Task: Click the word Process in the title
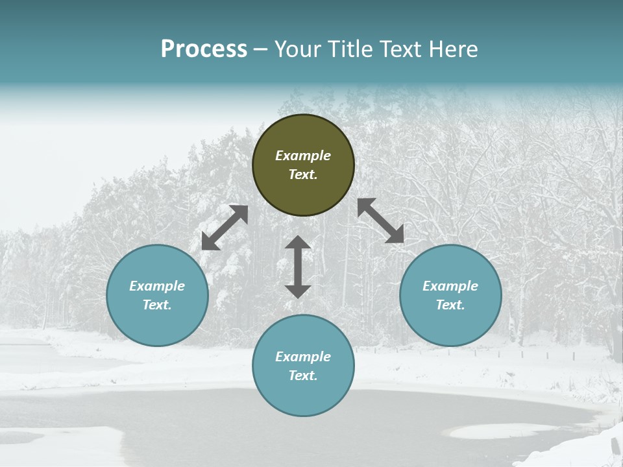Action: click(x=204, y=49)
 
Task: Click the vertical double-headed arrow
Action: click(x=298, y=267)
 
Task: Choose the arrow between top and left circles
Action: click(x=225, y=228)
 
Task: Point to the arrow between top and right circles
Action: click(x=381, y=221)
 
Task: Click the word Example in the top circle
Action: click(x=303, y=156)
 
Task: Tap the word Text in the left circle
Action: click(x=157, y=305)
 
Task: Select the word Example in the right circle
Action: click(x=450, y=286)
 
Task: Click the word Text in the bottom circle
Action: click(x=303, y=376)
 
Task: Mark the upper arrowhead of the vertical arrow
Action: click(x=298, y=244)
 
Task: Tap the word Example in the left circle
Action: click(x=157, y=286)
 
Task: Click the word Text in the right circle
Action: click(x=450, y=305)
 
